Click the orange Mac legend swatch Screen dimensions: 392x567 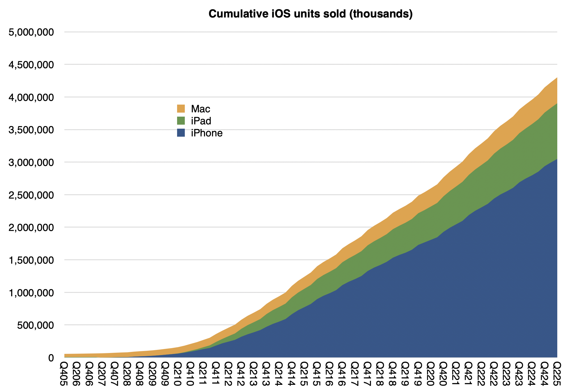pyautogui.click(x=181, y=109)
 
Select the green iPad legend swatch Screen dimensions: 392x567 pyautogui.click(x=181, y=121)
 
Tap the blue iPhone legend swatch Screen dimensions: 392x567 pyautogui.click(x=181, y=133)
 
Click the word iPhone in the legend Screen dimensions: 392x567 pyautogui.click(x=207, y=133)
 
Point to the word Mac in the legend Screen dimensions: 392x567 pyautogui.click(x=201, y=109)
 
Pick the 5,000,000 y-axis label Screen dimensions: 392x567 pyautogui.click(x=31, y=32)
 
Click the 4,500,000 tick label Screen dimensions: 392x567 pyautogui.click(x=31, y=65)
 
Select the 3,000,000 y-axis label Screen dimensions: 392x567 pyautogui.click(x=31, y=162)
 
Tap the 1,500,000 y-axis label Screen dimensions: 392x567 pyautogui.click(x=31, y=260)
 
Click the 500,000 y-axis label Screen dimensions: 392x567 pyautogui.click(x=35, y=325)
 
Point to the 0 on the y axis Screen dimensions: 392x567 pyautogui.click(x=51, y=358)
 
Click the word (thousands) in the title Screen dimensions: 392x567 pyautogui.click(x=381, y=14)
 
